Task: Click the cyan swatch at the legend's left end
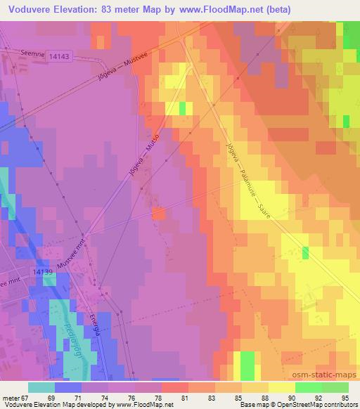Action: coord(41,387)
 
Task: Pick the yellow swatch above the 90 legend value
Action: coord(282,387)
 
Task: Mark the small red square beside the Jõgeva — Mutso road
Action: coord(158,213)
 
